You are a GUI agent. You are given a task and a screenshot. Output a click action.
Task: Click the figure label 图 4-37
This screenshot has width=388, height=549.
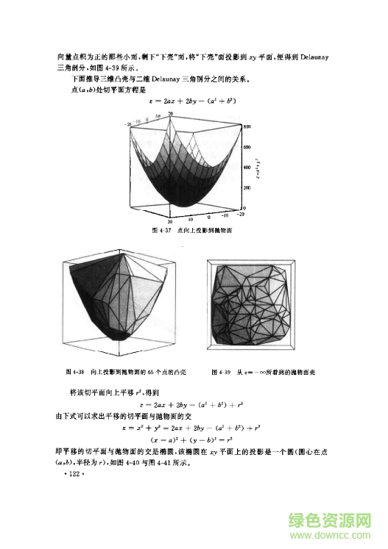(x=158, y=230)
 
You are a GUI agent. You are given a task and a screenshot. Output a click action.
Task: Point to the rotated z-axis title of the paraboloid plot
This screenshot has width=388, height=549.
(x=270, y=165)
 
